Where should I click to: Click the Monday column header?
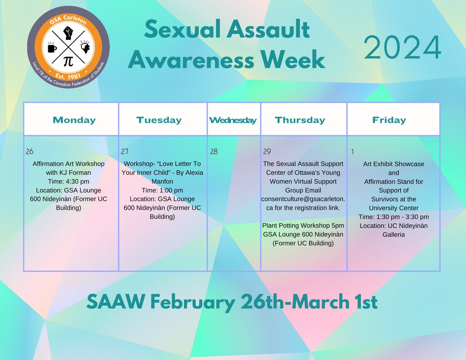pyautogui.click(x=74, y=120)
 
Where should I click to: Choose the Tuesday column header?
pyautogui.click(x=159, y=120)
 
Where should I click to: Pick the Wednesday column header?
pyautogui.click(x=233, y=120)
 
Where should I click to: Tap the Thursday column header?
pyautogui.click(x=300, y=120)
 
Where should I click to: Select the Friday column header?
pyautogui.click(x=389, y=120)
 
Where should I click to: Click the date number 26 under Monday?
pyautogui.click(x=30, y=151)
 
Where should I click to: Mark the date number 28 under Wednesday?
pyautogui.click(x=214, y=151)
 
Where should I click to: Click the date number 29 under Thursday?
pyautogui.click(x=267, y=151)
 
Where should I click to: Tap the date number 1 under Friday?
pyautogui.click(x=352, y=151)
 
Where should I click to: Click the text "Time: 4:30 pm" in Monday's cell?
pyautogui.click(x=69, y=181)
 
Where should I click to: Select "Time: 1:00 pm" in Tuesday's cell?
pyautogui.click(x=162, y=190)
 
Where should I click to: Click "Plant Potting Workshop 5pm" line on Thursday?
pyautogui.click(x=303, y=226)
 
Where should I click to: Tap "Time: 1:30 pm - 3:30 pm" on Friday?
pyautogui.click(x=394, y=217)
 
